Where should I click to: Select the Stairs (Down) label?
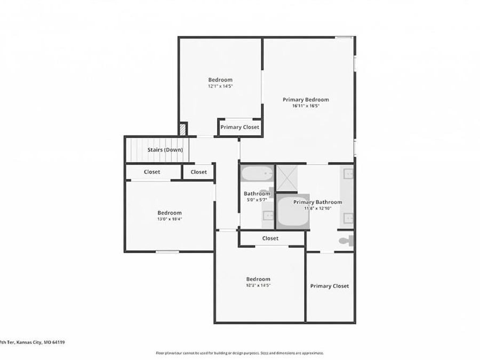[x=165, y=150]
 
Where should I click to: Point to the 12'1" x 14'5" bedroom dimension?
[x=220, y=86]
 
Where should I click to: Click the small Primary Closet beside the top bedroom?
[x=239, y=127]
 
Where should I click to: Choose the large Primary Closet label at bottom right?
[x=330, y=286]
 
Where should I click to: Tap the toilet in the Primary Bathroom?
[x=346, y=241]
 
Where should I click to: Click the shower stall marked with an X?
[x=286, y=178]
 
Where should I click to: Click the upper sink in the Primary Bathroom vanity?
[x=348, y=173]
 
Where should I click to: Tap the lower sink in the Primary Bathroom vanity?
[x=348, y=218]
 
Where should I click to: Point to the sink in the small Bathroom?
[x=268, y=216]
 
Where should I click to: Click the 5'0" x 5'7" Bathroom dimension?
[x=257, y=200]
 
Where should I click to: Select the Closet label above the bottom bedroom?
[x=270, y=238]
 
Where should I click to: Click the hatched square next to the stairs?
[x=183, y=129]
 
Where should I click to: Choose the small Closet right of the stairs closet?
[x=198, y=172]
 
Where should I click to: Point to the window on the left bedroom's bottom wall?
[x=167, y=251]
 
